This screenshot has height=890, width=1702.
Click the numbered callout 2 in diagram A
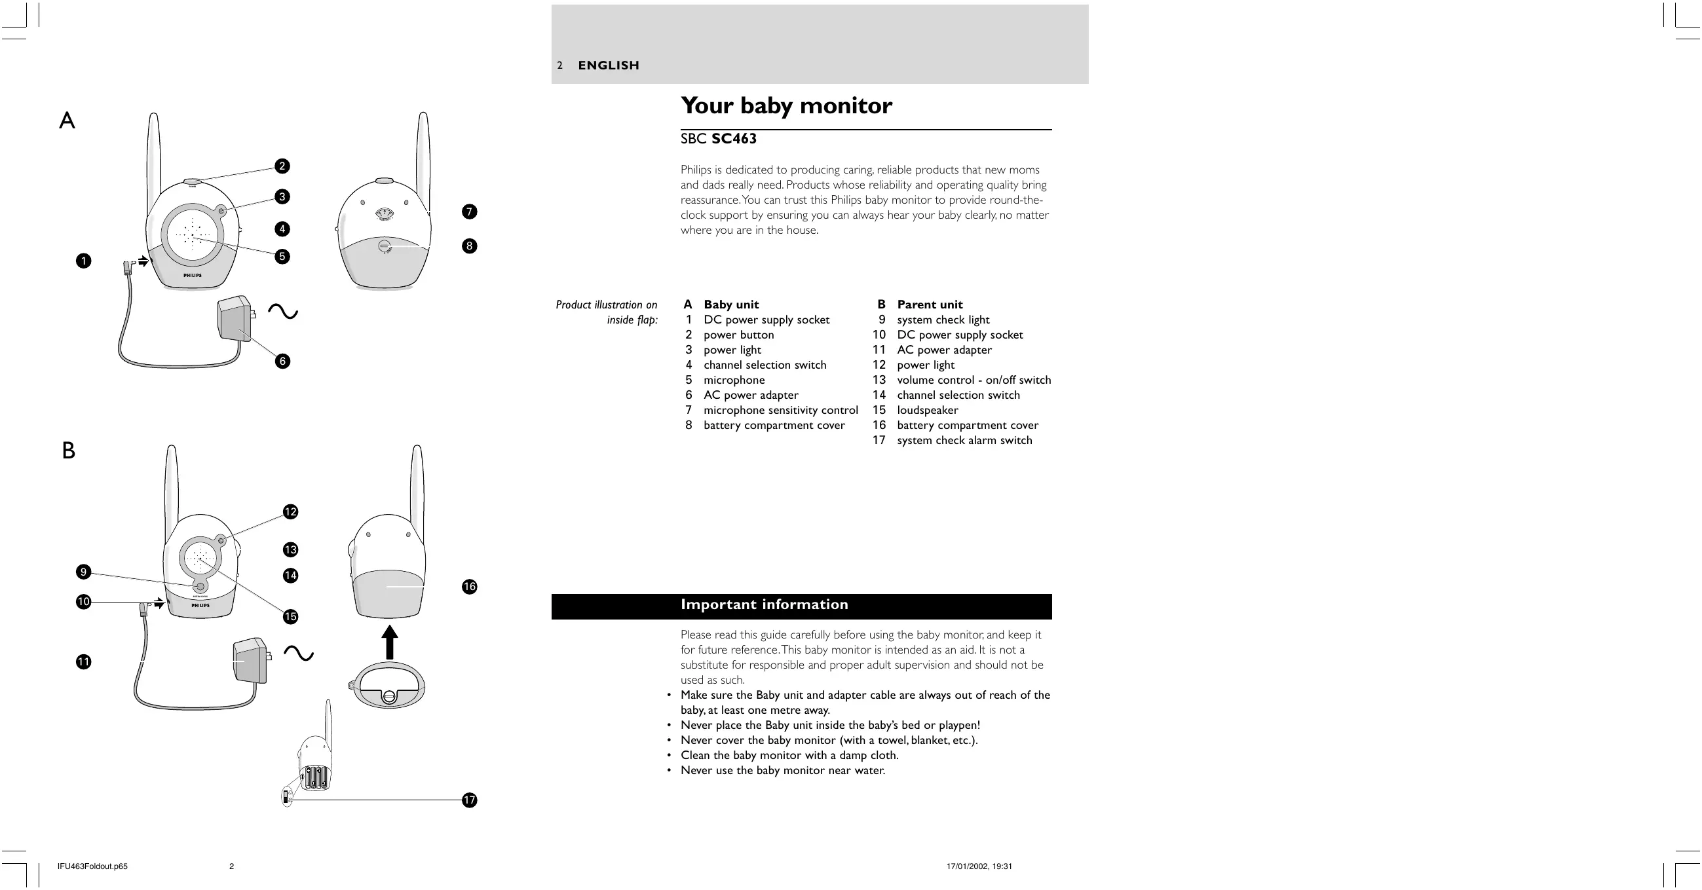[282, 166]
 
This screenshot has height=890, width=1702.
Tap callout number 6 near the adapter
[282, 361]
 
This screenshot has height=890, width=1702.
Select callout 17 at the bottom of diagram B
[469, 800]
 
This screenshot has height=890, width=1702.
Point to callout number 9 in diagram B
[83, 572]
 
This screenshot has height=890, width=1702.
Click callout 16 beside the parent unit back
[469, 586]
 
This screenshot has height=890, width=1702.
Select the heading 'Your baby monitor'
[786, 105]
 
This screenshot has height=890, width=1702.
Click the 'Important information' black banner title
[764, 604]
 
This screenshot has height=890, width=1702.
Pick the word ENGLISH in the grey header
[609, 65]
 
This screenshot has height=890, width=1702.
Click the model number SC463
[733, 139]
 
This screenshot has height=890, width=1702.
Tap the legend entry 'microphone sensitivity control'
[780, 411]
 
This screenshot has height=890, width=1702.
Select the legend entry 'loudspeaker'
[927, 411]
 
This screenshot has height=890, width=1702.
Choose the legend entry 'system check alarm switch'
[964, 441]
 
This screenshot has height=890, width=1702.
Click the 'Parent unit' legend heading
[929, 305]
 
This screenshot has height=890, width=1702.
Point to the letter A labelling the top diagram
[67, 121]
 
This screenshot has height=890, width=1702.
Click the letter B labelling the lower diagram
[68, 451]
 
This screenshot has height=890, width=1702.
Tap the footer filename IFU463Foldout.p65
[92, 866]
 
